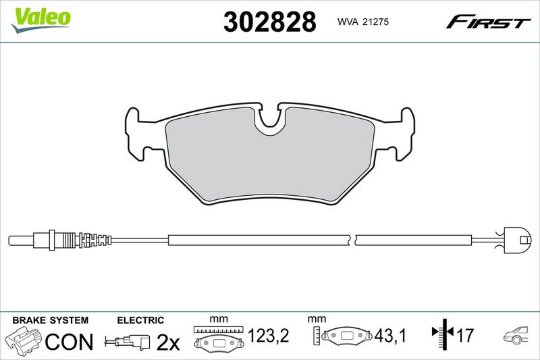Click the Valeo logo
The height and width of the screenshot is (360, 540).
[40, 20]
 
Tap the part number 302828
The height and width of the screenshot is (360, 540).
[269, 22]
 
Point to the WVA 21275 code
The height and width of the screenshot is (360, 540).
[363, 22]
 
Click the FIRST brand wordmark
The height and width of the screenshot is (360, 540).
[488, 22]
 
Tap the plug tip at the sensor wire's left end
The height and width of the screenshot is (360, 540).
[21, 240]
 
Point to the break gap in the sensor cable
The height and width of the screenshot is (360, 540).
[353, 240]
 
